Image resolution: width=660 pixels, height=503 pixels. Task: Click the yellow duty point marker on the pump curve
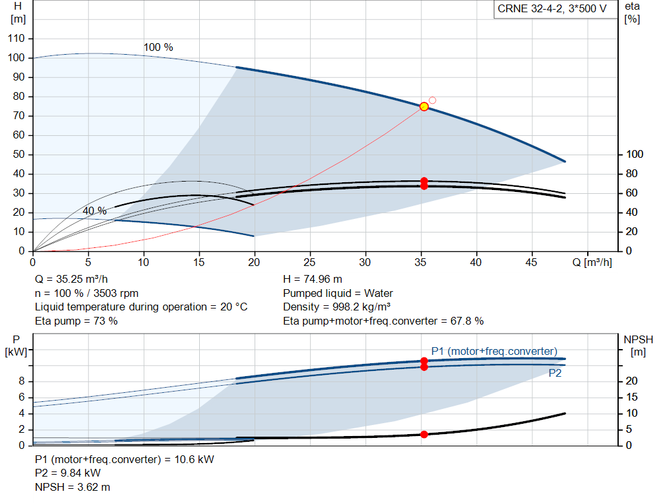pos(424,106)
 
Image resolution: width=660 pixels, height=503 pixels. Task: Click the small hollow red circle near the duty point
pos(432,100)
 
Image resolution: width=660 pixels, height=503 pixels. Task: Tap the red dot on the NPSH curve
pos(424,435)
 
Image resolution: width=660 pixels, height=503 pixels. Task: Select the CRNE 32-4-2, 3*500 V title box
pos(552,9)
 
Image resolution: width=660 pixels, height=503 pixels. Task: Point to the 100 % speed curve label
pos(159,47)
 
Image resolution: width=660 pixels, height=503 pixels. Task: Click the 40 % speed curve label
pos(94,211)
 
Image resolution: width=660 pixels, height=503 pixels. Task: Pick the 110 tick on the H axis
pos(16,38)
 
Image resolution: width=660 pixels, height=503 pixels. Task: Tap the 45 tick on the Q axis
pos(531,262)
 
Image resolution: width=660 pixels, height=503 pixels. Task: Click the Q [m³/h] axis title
pos(592,262)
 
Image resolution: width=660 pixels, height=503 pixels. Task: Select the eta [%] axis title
pos(632,13)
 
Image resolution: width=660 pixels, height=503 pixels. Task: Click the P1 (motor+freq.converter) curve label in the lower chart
pos(494,351)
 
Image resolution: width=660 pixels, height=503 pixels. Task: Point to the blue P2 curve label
pos(555,373)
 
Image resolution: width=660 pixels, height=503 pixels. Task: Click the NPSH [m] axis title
pos(638,346)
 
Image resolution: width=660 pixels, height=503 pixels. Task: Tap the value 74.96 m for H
pos(323,280)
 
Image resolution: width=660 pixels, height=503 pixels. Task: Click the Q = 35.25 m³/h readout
pos(71,280)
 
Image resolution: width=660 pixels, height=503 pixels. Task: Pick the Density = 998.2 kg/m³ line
pos(336,307)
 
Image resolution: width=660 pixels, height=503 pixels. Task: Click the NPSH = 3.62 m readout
pos(72,487)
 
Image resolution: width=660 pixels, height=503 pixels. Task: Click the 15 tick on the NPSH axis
pos(632,397)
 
